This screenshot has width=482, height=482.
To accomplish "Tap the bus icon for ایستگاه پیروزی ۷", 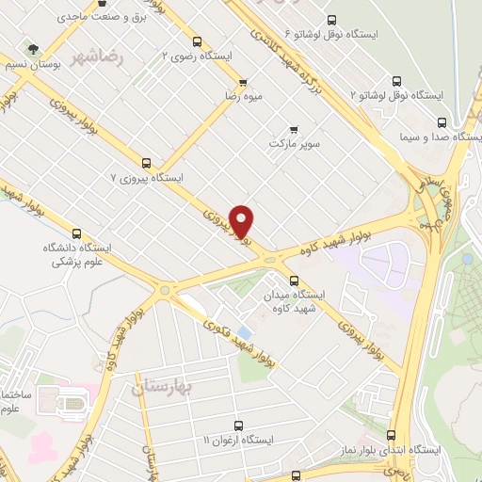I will click(146, 163).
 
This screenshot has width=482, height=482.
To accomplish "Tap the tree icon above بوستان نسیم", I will click(35, 48).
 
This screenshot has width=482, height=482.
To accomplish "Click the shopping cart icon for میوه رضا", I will click(244, 83).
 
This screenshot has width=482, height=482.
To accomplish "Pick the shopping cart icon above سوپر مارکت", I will click(295, 130).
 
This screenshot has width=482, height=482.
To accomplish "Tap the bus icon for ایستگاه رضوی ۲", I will click(197, 41).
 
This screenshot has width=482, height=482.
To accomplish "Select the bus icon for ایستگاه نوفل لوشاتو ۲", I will click(395, 82).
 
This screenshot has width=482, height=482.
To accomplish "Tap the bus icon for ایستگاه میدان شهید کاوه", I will click(295, 281).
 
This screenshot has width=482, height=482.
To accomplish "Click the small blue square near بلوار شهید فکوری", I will click(245, 332).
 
